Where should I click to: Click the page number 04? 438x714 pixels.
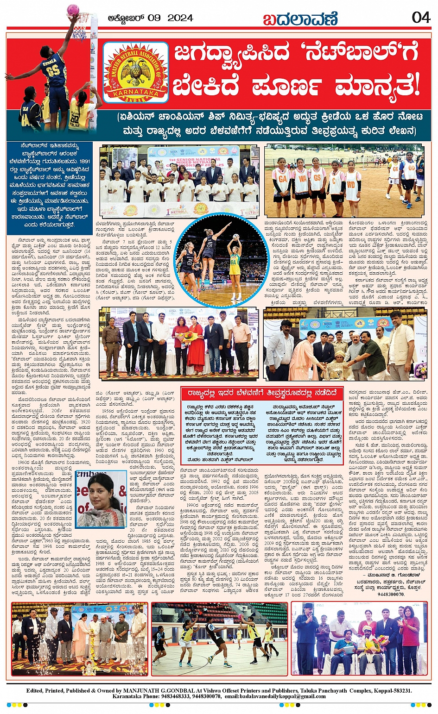(421, 18)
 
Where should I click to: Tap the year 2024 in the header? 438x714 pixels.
(180, 19)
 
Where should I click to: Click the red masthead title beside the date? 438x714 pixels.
(300, 19)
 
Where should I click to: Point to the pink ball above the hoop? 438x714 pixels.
(73, 9)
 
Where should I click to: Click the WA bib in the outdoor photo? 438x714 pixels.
(301, 178)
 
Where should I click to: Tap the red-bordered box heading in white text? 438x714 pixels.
(262, 394)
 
